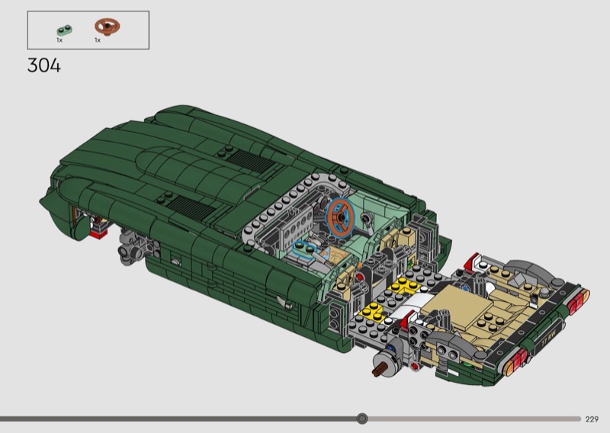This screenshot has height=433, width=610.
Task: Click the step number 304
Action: click(44, 66)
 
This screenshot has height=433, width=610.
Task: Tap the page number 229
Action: click(592, 419)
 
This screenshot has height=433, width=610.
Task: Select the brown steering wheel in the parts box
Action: click(108, 27)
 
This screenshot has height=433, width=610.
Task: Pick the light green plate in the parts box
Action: click(65, 30)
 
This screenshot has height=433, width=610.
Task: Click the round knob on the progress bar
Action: click(362, 419)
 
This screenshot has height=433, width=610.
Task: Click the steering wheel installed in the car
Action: click(340, 217)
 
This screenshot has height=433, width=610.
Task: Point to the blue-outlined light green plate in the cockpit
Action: click(304, 249)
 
